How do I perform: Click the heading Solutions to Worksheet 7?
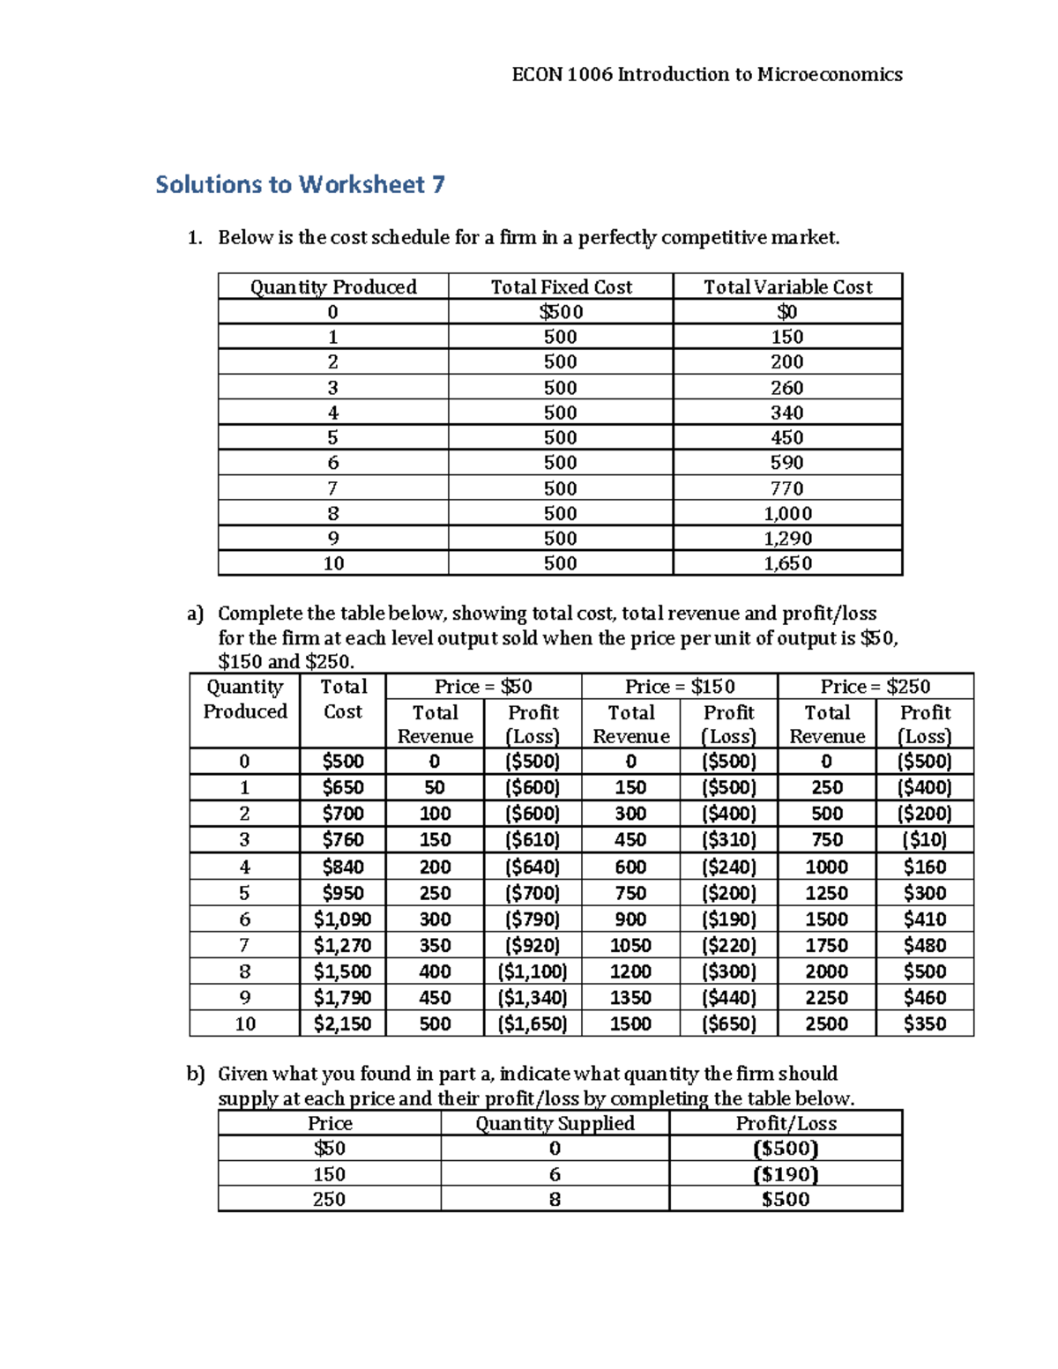(x=300, y=184)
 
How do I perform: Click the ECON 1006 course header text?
(x=706, y=74)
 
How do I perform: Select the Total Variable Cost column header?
(x=787, y=286)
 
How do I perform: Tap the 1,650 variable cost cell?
(x=787, y=563)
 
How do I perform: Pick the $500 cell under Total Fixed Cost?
(x=561, y=312)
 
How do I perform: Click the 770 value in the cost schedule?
(x=787, y=488)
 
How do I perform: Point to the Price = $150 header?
(x=679, y=687)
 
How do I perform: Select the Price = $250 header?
(x=875, y=687)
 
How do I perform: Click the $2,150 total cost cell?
(x=342, y=1023)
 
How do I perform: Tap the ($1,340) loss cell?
(x=533, y=998)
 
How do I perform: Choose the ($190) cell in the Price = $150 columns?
(x=728, y=919)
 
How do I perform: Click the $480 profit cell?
(x=924, y=945)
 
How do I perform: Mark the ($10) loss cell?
(x=924, y=840)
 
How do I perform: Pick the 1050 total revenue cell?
(x=630, y=945)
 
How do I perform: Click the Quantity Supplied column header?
(x=555, y=1123)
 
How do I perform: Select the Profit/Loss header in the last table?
(x=786, y=1123)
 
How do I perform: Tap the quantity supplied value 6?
(x=555, y=1174)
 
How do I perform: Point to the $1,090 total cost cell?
(x=342, y=919)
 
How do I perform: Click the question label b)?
(x=195, y=1074)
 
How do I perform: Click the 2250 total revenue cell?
(x=826, y=998)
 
